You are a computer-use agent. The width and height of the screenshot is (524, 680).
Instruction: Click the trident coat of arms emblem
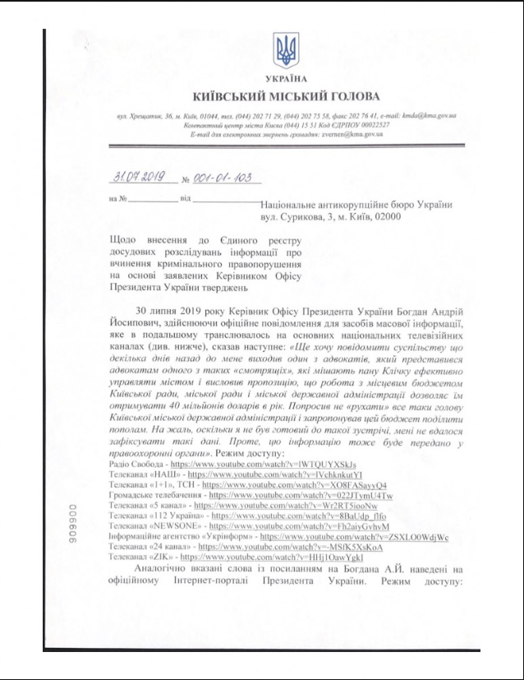[287, 50]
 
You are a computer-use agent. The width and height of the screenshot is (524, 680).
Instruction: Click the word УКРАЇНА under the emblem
[287, 79]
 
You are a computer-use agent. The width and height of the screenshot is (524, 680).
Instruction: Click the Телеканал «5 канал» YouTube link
[259, 506]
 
